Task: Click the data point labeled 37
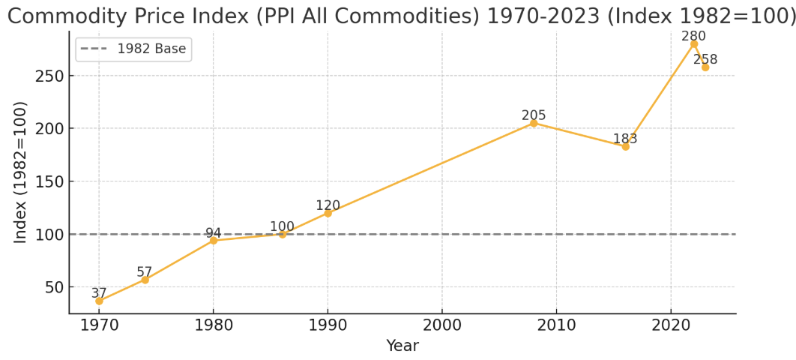99,301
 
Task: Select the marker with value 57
145,280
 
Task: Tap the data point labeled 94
213,241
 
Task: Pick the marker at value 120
328,213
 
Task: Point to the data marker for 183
625,147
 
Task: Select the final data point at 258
705,67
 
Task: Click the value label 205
534,115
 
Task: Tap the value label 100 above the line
283,226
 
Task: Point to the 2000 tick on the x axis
442,325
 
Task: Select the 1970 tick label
99,325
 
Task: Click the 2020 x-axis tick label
671,325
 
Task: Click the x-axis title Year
402,346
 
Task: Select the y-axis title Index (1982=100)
19,172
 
